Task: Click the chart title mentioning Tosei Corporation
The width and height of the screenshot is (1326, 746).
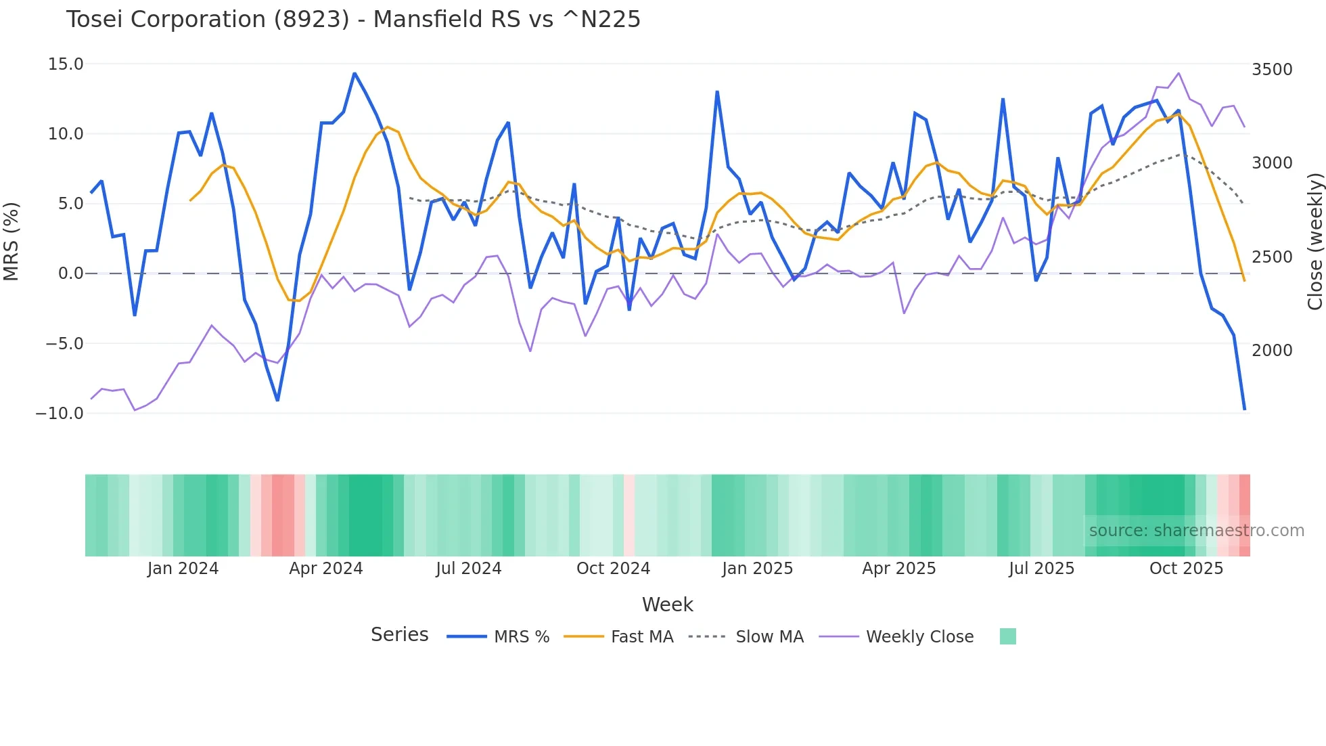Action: (x=353, y=20)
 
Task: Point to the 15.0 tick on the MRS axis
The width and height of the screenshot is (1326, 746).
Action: (x=66, y=64)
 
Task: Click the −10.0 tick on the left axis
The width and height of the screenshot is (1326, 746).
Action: (x=60, y=414)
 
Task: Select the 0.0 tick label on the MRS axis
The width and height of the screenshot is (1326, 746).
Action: (x=70, y=273)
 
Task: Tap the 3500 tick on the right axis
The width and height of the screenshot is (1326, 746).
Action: (x=1272, y=70)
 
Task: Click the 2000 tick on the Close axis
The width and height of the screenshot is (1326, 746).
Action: (x=1272, y=351)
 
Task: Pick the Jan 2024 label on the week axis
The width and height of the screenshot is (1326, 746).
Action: (x=183, y=569)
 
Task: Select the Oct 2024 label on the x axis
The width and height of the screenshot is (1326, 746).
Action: (x=613, y=569)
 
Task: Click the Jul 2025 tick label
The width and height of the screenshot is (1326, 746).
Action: (x=1041, y=569)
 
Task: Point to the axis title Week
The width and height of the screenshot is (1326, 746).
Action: (x=667, y=605)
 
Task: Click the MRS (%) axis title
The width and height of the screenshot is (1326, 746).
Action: (x=12, y=241)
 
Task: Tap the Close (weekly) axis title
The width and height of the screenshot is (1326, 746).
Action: (x=1314, y=241)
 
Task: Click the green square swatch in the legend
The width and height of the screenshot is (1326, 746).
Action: (x=1007, y=636)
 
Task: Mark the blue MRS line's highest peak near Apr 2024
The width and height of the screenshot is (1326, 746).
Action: (x=355, y=74)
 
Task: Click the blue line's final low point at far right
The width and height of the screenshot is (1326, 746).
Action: (x=1244, y=409)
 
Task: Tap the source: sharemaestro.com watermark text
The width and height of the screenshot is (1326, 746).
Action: (x=1196, y=531)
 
